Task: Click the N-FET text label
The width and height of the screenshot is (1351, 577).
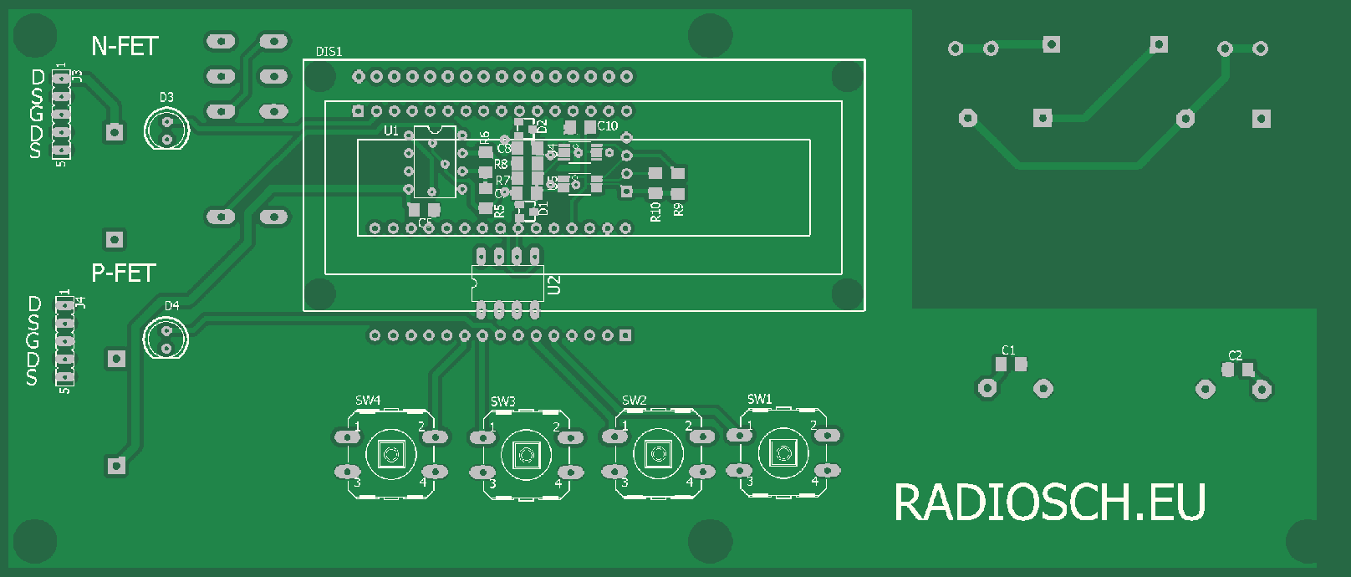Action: [x=125, y=46]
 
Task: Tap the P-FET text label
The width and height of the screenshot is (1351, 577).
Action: [x=124, y=273]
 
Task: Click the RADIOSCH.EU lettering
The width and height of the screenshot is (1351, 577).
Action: [x=1049, y=503]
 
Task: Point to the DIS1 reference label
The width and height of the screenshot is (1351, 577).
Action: [x=329, y=52]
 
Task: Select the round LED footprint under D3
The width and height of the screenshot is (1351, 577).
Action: [x=166, y=130]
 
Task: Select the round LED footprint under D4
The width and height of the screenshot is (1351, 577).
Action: [x=166, y=339]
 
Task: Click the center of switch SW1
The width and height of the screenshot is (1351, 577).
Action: [x=783, y=453]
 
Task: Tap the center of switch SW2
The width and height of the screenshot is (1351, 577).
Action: [x=658, y=454]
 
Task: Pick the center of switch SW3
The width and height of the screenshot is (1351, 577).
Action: [x=526, y=454]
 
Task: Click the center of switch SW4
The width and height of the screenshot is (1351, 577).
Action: [x=390, y=454]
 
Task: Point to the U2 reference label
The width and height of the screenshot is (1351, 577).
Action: [x=553, y=285]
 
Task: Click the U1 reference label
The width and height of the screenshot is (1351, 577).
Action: [x=390, y=130]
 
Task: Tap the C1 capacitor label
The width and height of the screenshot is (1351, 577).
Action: [x=1008, y=350]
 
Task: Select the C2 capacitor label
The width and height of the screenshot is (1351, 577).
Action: [x=1235, y=355]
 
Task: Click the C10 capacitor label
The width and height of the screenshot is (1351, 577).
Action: [x=608, y=126]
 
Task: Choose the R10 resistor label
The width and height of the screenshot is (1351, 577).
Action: [x=655, y=212]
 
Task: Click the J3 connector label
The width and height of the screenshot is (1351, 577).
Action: [x=78, y=76]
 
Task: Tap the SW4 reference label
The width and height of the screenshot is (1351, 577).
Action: [x=368, y=401]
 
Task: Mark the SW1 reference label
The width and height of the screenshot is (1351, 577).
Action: [x=759, y=399]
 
